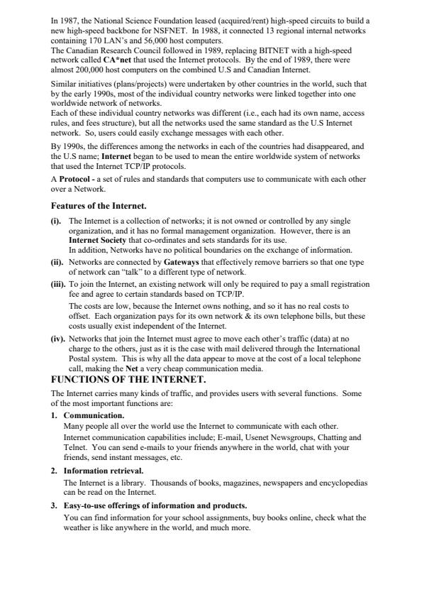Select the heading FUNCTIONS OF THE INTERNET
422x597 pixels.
pyautogui.click(x=128, y=380)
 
